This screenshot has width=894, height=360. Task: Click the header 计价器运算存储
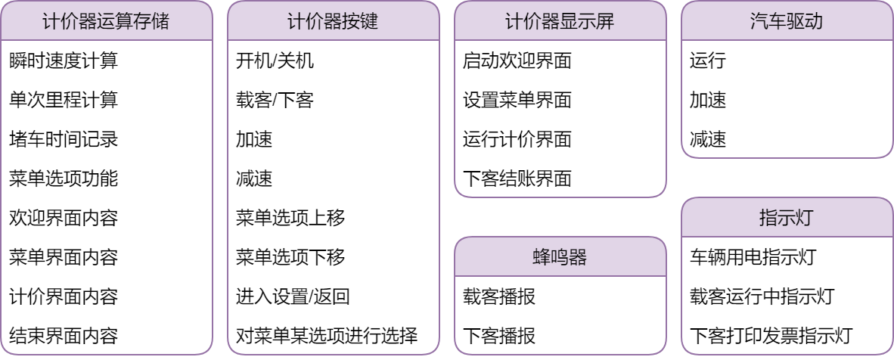pyautogui.click(x=106, y=21)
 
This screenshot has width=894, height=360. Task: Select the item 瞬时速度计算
pyautogui.click(x=64, y=61)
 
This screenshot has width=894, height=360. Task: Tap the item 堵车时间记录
pyautogui.click(x=64, y=140)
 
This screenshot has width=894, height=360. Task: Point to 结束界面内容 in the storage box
pyautogui.click(x=64, y=335)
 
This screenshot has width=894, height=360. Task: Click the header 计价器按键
pyautogui.click(x=333, y=21)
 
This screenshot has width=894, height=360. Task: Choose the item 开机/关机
pyautogui.click(x=275, y=61)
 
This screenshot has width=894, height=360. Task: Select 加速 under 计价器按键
pyautogui.click(x=254, y=140)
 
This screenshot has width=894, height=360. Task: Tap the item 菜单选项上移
pyautogui.click(x=290, y=219)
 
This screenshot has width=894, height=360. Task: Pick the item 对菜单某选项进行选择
pyautogui.click(x=327, y=335)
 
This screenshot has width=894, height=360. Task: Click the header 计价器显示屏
pyautogui.click(x=560, y=21)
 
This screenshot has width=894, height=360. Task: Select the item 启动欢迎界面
pyautogui.click(x=517, y=61)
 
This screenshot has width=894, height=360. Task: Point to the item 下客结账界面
pyautogui.click(x=517, y=179)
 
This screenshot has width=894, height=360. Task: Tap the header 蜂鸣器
pyautogui.click(x=560, y=257)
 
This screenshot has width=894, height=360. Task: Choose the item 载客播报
pyautogui.click(x=499, y=296)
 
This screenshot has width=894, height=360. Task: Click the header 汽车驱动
pyautogui.click(x=787, y=21)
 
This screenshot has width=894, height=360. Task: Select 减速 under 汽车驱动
pyautogui.click(x=708, y=140)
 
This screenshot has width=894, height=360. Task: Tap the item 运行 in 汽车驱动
pyautogui.click(x=708, y=61)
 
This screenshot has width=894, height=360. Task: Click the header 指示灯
pyautogui.click(x=787, y=218)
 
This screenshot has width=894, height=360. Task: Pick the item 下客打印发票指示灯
pyautogui.click(x=771, y=335)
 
